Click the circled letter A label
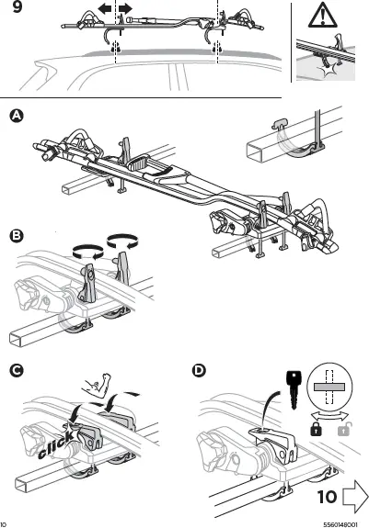pos(15,116)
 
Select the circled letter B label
pos(16,236)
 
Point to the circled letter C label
pos(16,371)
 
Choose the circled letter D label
pos(200,371)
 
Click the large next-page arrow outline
pos(354,499)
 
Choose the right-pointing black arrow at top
pos(126,8)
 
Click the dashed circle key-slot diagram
pos(328,389)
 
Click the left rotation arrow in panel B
pos(85,248)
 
